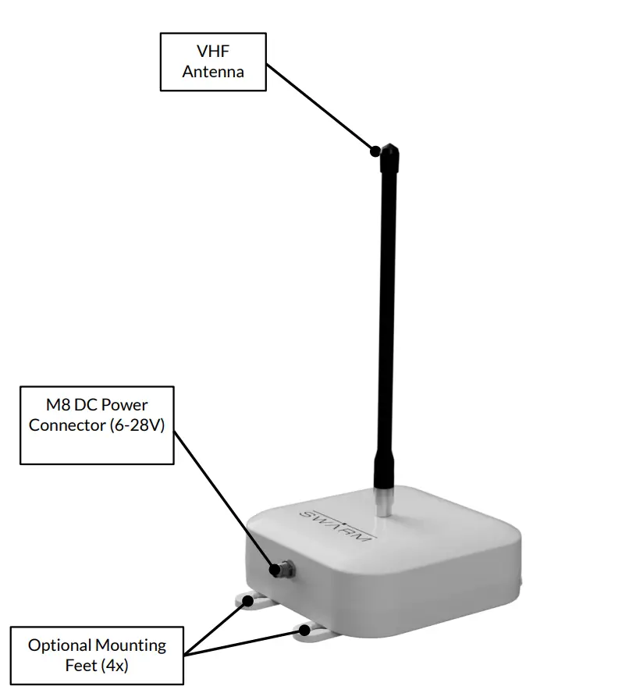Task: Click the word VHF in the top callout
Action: point(213,52)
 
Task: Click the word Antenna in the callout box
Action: point(213,71)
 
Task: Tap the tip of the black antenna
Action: point(387,151)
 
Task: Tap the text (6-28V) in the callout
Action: point(137,426)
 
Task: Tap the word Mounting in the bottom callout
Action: point(131,645)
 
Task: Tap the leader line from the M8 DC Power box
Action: point(226,500)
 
